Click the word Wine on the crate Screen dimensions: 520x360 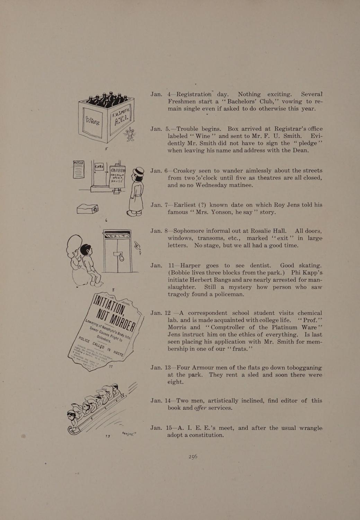[93, 121]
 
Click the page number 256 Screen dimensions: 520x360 [193, 457]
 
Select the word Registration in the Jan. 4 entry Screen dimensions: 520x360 [194, 94]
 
